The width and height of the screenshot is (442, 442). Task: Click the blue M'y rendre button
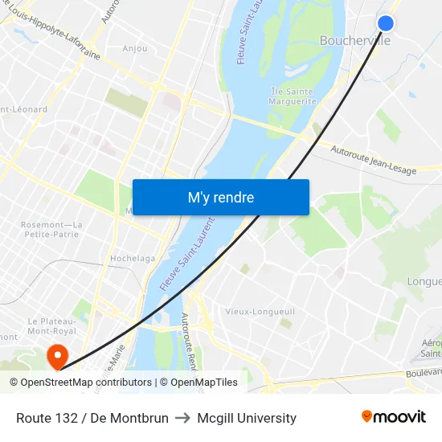point(220,197)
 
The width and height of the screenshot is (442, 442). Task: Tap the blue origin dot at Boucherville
point(386,23)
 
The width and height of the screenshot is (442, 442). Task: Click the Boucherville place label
point(354,40)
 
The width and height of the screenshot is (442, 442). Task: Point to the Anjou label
point(135,48)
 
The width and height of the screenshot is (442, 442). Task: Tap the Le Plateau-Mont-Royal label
point(51,325)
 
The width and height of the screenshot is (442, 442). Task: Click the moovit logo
point(393,416)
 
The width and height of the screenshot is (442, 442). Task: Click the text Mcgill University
point(247,418)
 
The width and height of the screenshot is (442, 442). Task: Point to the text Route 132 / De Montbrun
point(92,418)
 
